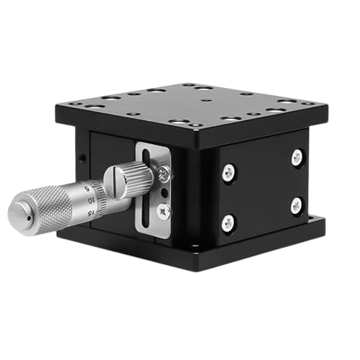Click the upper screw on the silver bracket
tap(163, 173)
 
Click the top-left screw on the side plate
tap(228, 171)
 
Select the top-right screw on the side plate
tap(297, 158)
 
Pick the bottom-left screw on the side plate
tap(228, 222)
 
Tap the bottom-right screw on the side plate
tap(296, 206)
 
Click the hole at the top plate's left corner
tap(74, 104)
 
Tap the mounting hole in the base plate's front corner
tap(194, 248)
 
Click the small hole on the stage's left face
tap(84, 156)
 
